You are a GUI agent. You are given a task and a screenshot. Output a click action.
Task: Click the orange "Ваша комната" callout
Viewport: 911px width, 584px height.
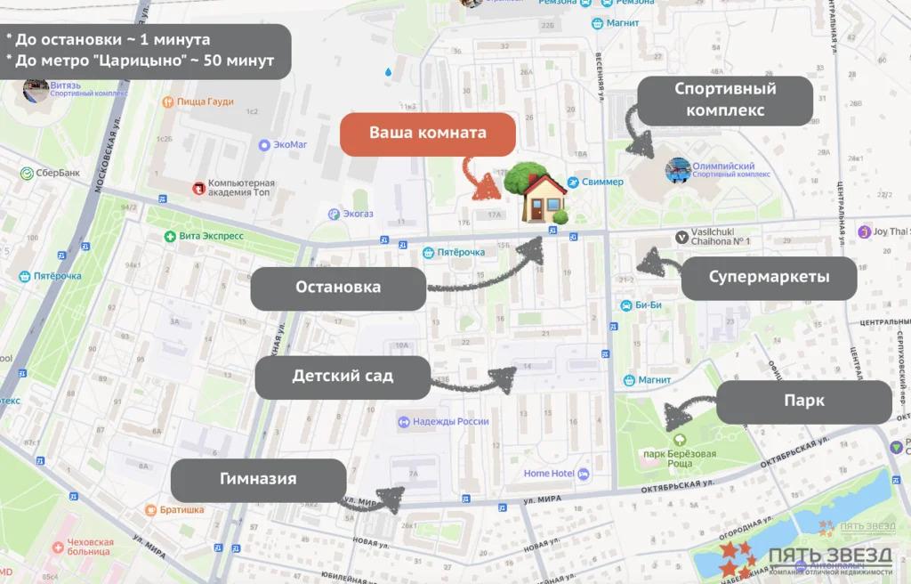pos(428,134)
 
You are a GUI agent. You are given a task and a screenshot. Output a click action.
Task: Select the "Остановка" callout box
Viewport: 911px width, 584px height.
pos(338,288)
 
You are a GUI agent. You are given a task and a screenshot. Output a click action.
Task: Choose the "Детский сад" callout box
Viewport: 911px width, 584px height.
pos(343,377)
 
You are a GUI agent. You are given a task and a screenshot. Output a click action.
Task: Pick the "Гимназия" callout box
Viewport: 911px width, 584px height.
pos(258,480)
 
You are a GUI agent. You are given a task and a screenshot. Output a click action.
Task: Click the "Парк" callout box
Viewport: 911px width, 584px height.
pos(804,401)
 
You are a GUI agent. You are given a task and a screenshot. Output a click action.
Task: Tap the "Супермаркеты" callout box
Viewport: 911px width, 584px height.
pos(769,278)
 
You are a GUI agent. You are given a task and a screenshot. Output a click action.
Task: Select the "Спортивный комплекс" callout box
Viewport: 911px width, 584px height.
pos(725,100)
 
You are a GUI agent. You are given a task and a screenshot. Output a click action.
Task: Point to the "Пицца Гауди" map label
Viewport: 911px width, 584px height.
pos(204,102)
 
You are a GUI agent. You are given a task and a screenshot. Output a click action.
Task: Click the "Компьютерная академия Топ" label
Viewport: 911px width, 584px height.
pos(240,188)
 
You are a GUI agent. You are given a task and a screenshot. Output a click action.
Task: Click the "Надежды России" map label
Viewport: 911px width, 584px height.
pos(448,421)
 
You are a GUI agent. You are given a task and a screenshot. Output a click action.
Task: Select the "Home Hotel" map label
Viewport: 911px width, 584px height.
pos(549,474)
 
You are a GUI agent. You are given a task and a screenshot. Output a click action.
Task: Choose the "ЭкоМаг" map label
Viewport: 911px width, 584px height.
pos(290,144)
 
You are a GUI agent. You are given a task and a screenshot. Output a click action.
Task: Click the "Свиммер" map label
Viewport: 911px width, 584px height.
pos(602,182)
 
